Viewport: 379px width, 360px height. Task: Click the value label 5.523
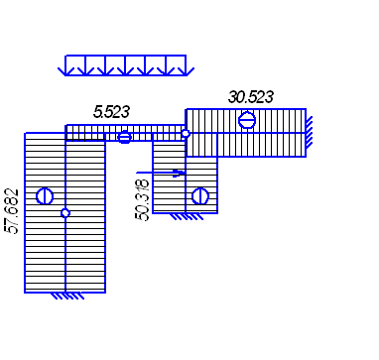pos(111,112)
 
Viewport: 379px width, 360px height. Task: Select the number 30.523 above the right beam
pos(251,97)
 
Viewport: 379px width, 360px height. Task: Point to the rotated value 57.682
pos(12,211)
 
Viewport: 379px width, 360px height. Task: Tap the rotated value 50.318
pos(142,200)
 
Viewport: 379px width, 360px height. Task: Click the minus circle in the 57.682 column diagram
pos(45,196)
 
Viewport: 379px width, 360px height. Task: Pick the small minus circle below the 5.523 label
pos(124,137)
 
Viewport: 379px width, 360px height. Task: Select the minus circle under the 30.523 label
pos(247,120)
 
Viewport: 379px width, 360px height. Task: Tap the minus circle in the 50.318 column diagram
pos(200,196)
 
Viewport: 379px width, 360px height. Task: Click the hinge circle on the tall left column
pos(65,213)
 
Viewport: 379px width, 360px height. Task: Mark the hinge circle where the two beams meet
pos(186,133)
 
